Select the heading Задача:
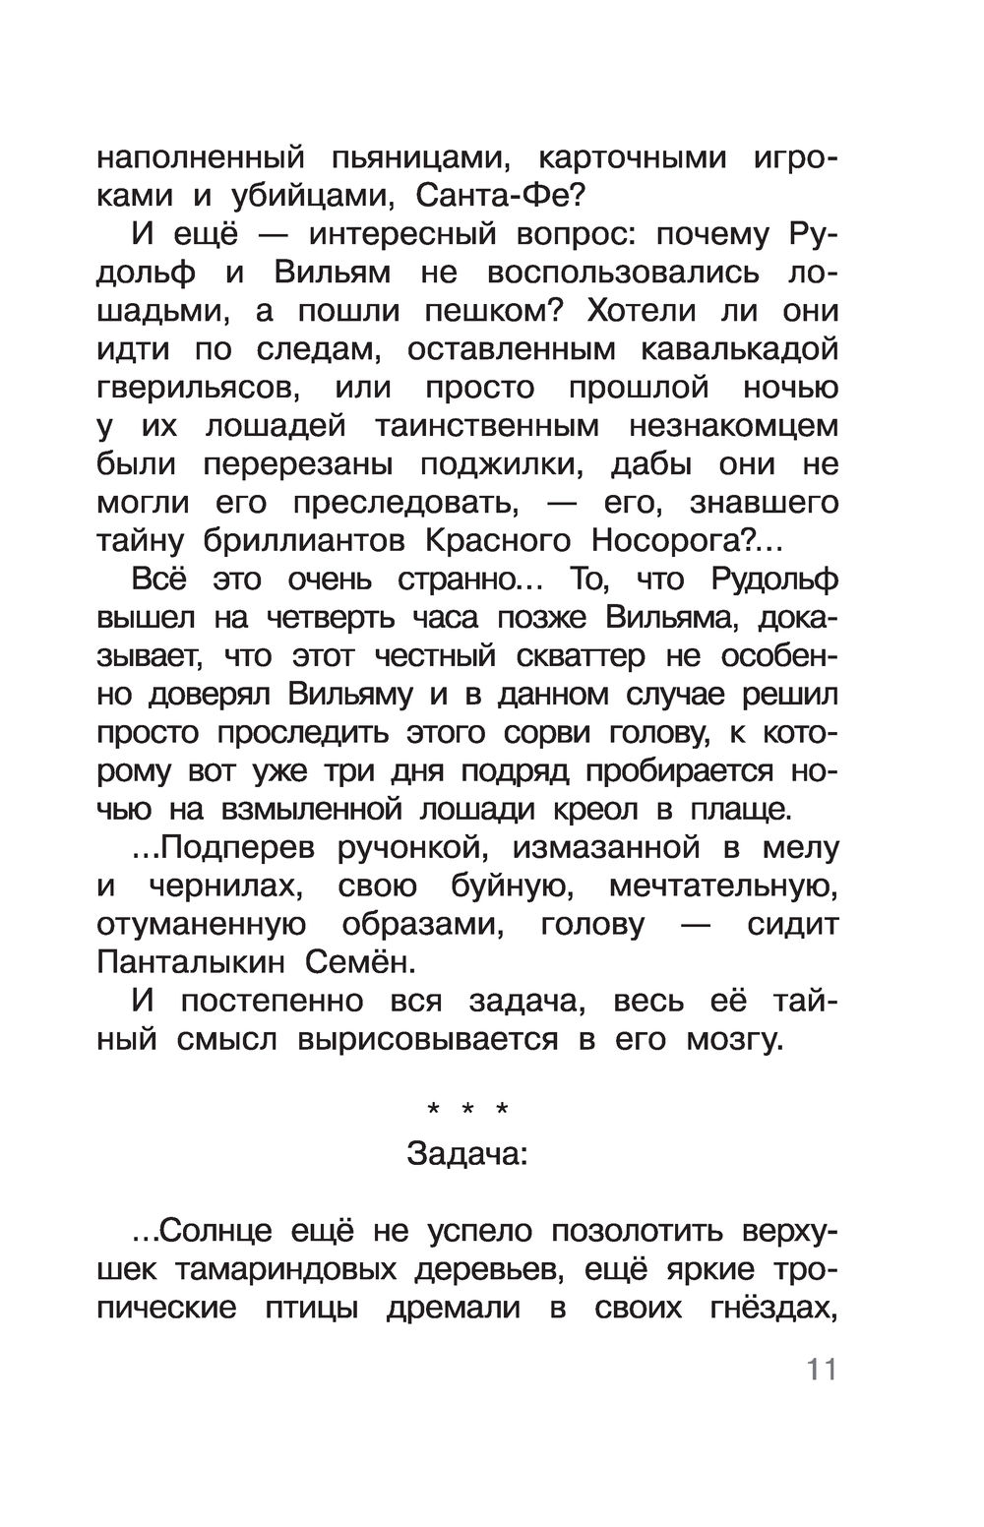point(467,1154)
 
